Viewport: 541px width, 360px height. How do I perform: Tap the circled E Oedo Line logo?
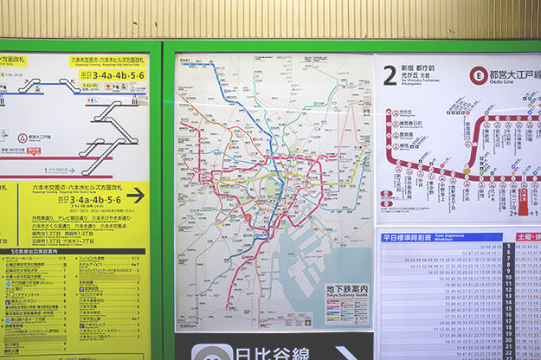[x=477, y=75]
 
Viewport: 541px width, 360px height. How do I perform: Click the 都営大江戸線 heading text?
[x=514, y=75]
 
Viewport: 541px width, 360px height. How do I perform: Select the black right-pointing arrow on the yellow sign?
[x=135, y=196]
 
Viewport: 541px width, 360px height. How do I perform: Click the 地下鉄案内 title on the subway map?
[x=346, y=289]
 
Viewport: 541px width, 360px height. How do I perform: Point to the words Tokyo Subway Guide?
[x=346, y=299]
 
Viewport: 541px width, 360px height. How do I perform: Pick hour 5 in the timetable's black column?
[x=509, y=247]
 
